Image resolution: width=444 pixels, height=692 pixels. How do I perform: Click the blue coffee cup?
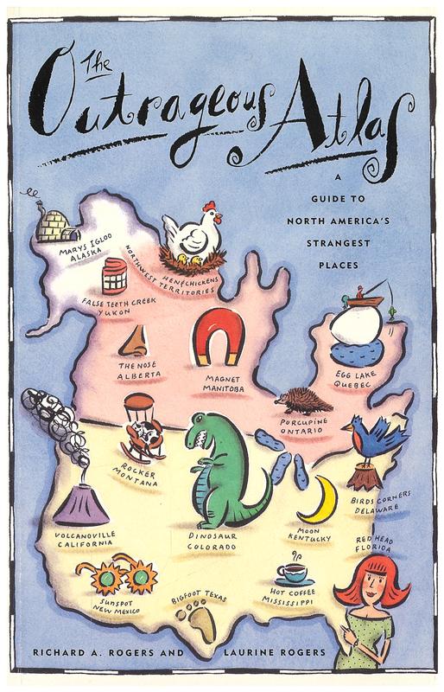click(x=290, y=573)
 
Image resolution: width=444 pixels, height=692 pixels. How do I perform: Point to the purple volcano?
click(x=82, y=506)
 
